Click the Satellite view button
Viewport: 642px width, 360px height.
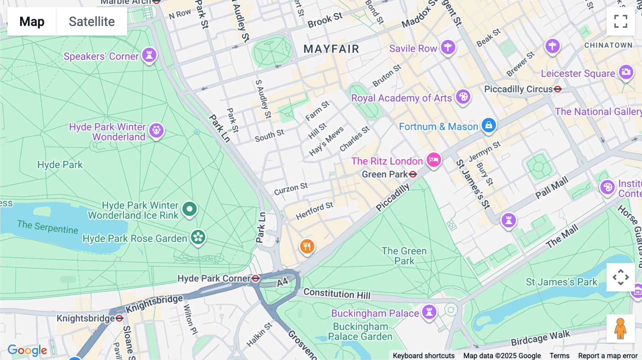click(92, 21)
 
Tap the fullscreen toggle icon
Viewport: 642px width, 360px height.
click(621, 21)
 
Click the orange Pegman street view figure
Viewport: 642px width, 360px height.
click(621, 329)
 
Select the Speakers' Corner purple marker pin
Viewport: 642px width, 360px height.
click(149, 55)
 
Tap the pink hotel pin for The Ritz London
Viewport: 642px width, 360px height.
click(434, 160)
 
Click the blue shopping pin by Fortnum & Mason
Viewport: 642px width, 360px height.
click(489, 125)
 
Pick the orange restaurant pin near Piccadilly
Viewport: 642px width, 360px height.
click(307, 246)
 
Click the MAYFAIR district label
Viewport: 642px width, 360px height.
click(331, 49)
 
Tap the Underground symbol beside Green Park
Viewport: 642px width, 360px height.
click(413, 174)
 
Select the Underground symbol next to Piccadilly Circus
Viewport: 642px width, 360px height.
click(558, 89)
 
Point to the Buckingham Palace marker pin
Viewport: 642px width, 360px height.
click(429, 312)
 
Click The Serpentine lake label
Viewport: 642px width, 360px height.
click(48, 227)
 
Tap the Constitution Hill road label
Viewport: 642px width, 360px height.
click(337, 294)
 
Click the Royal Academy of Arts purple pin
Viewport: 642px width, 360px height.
click(463, 97)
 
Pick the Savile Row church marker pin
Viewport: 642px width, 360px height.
click(448, 47)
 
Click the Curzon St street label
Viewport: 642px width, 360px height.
click(291, 189)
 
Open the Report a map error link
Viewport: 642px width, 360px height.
click(608, 356)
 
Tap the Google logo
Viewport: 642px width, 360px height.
click(27, 350)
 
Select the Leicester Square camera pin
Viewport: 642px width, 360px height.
click(626, 72)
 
